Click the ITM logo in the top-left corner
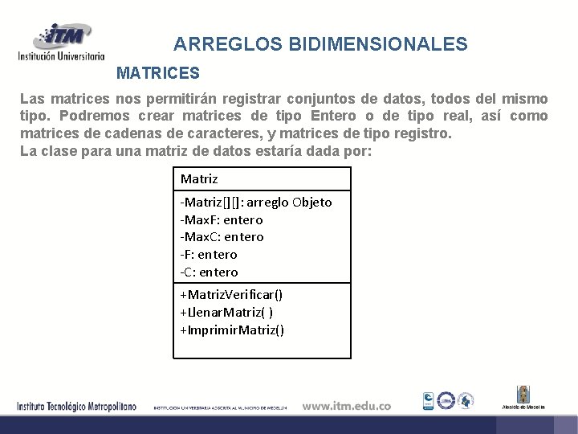click(x=61, y=42)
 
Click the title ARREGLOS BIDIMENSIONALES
click(x=320, y=44)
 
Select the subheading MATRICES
click(x=158, y=74)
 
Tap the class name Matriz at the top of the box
click(x=199, y=178)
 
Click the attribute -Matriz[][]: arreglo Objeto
click(x=256, y=202)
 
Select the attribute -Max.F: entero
click(x=222, y=219)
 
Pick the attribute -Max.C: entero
click(x=222, y=236)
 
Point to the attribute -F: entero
click(x=209, y=254)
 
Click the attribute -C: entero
click(x=209, y=272)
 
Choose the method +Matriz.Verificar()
click(x=231, y=295)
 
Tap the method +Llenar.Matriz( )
click(x=226, y=312)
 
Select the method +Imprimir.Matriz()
click(x=232, y=330)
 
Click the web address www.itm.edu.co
click(x=346, y=406)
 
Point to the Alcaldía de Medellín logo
click(x=523, y=398)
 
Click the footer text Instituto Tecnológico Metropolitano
click(x=77, y=406)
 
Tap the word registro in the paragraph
click(x=425, y=133)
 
